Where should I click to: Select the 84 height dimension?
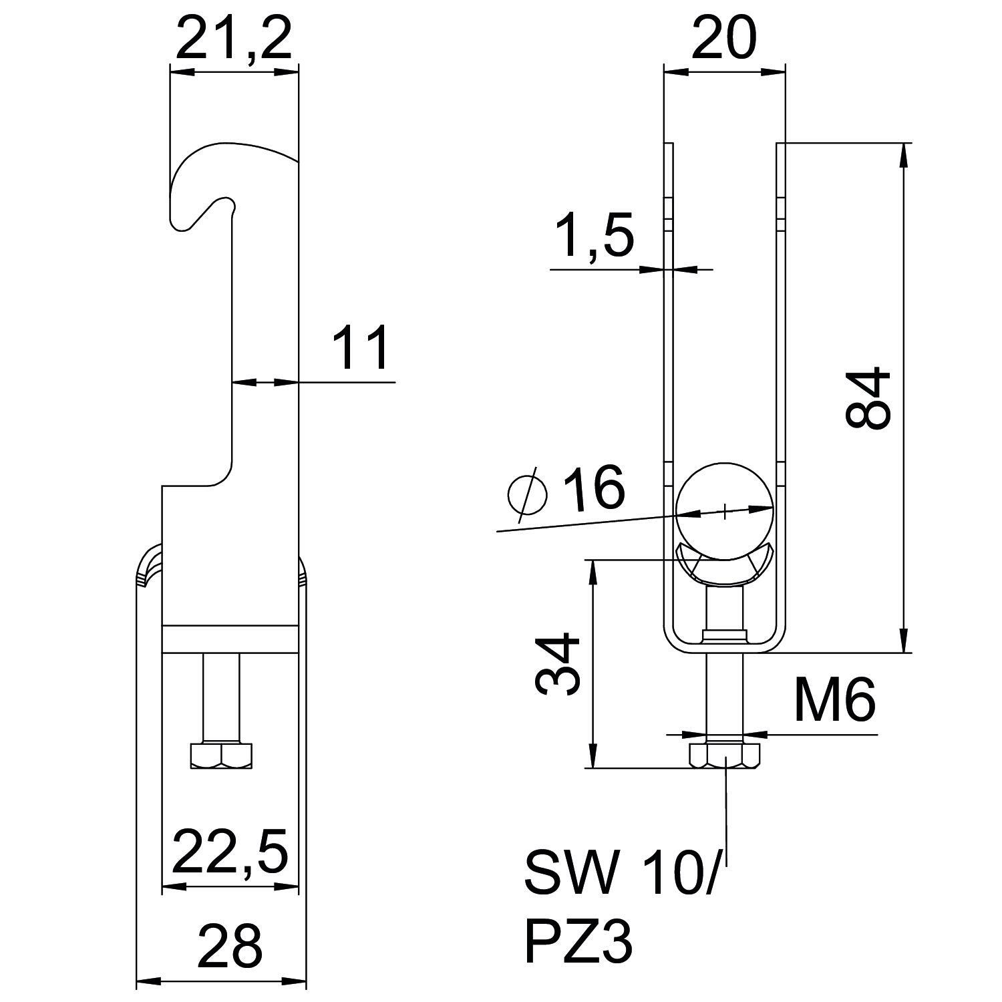(x=868, y=397)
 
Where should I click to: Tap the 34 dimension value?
(x=557, y=664)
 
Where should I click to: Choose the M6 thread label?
(x=835, y=699)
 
